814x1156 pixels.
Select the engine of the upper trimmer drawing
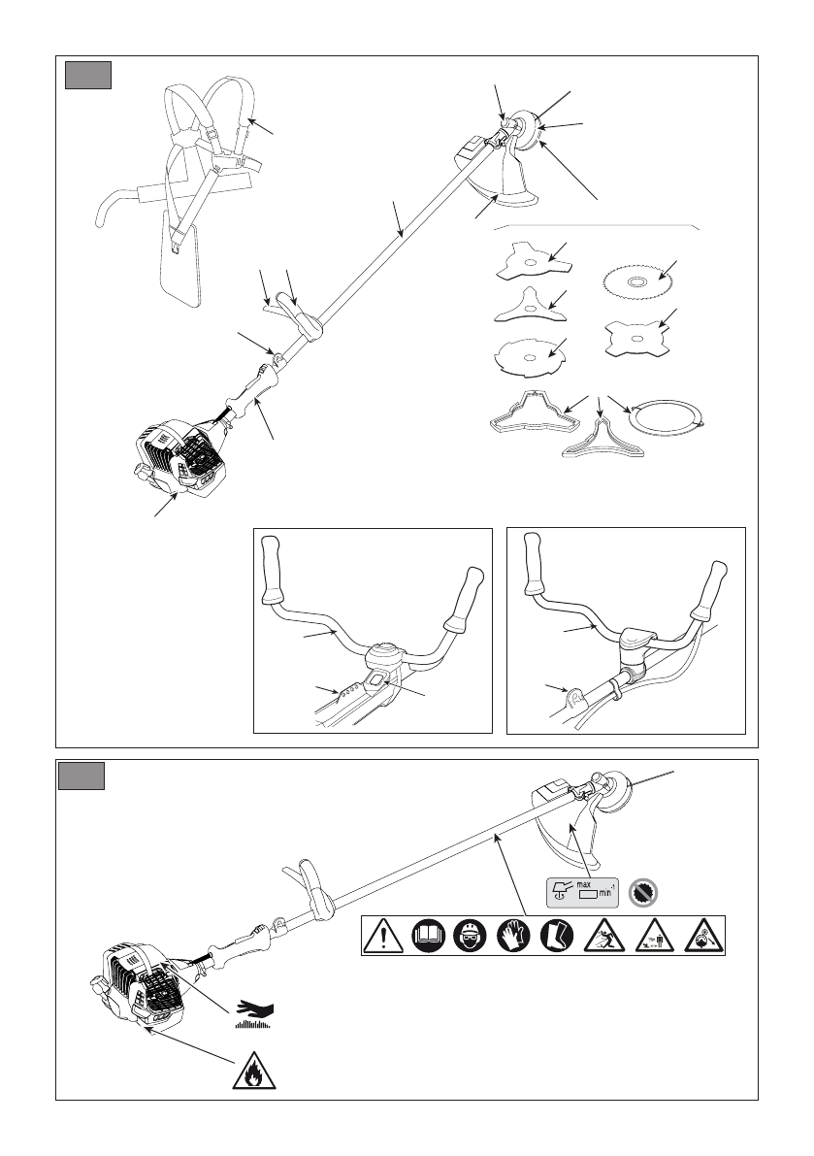click(175, 458)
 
